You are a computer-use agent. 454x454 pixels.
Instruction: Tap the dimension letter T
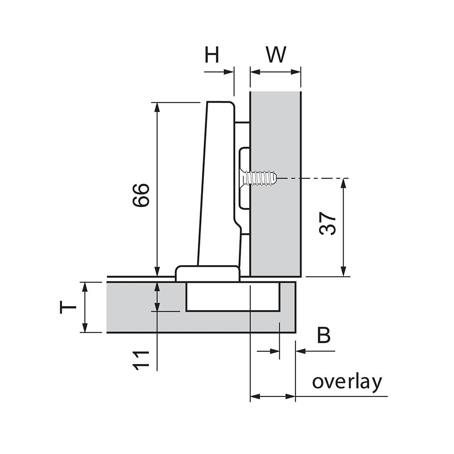tap(68, 307)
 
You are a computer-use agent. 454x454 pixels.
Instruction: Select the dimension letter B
tap(324, 335)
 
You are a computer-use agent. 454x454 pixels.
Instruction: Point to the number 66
tap(141, 195)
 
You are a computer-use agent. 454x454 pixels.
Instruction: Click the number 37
tap(327, 223)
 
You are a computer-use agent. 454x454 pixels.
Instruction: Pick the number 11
tap(141, 361)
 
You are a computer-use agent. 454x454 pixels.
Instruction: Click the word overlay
tap(347, 382)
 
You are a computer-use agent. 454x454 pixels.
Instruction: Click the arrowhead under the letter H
tap(229, 72)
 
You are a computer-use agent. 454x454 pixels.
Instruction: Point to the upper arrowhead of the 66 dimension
tap(157, 107)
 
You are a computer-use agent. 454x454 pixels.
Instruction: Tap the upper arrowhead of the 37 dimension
tap(343, 183)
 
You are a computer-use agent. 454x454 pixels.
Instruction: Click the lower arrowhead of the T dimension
tap(84, 327)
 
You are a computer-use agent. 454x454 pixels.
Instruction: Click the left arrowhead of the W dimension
tap(255, 72)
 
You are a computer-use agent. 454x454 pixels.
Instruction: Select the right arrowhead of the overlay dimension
tap(291, 396)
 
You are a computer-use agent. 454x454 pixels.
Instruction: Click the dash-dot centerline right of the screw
tap(313, 178)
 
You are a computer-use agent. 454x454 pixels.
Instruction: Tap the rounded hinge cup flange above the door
tap(207, 273)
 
